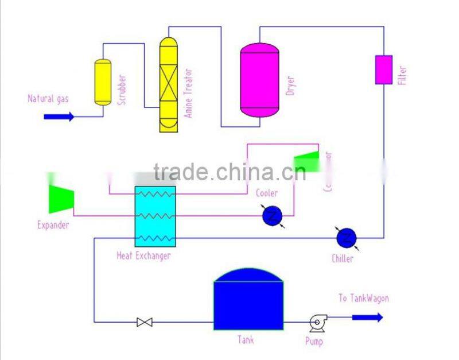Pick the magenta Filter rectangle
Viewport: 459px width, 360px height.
tap(383, 69)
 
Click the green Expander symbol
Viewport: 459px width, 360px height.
tap(59, 198)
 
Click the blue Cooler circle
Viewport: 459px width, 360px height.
tap(272, 216)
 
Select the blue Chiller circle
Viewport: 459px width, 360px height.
tap(346, 237)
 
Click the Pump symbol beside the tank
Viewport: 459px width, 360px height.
tap(317, 323)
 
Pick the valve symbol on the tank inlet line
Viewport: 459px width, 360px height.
tap(145, 322)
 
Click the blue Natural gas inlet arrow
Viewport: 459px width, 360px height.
tap(59, 117)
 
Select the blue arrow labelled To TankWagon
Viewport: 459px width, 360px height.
tap(367, 317)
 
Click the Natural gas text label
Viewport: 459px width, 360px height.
tap(48, 99)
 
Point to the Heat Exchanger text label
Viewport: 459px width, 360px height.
tap(143, 256)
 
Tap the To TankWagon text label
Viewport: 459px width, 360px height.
tap(363, 299)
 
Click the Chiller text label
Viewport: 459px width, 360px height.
tap(342, 258)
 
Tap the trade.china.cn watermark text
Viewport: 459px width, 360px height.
tap(229, 172)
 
